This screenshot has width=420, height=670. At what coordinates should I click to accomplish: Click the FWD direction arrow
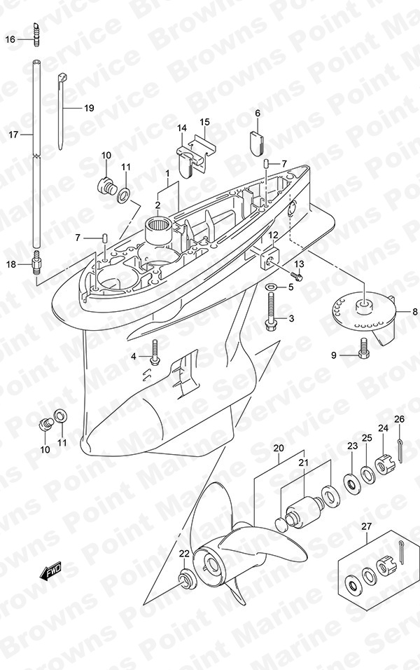pos(51,571)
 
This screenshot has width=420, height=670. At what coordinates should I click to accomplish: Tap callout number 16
pos(10,40)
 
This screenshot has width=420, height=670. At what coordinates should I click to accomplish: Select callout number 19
pos(89,108)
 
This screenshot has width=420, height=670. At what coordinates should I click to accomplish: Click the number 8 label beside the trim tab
pos(415,312)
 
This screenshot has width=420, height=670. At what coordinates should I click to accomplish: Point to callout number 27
pos(367,527)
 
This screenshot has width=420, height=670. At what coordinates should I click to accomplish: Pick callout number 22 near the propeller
pos(184,554)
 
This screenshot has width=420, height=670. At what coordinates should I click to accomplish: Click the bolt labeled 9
pos(363,348)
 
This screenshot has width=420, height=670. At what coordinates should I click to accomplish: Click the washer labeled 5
pos(271,287)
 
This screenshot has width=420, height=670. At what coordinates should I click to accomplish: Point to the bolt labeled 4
pos(155,352)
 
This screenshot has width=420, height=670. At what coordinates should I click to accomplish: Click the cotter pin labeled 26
pos(400,451)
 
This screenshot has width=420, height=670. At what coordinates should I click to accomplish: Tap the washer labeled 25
pos(368,474)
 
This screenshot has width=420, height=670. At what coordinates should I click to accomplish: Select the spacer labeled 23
pos(353,484)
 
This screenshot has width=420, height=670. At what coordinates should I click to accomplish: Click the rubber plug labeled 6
pos(256,142)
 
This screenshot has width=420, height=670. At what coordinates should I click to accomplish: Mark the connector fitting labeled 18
pos(36,264)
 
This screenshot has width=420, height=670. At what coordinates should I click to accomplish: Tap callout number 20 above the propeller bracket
pos(279,449)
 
